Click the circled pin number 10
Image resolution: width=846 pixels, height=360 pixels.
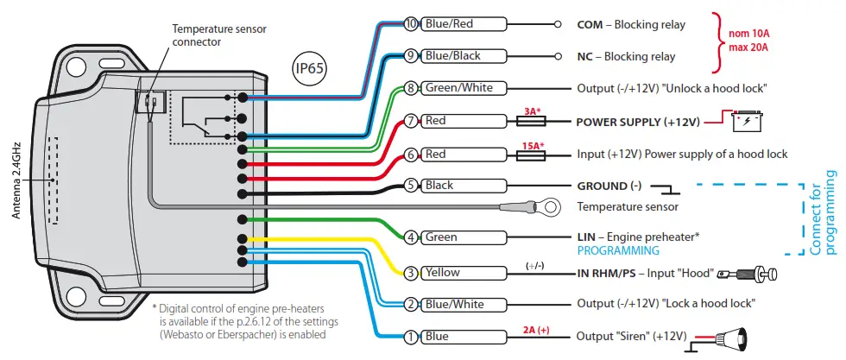[x=411, y=24]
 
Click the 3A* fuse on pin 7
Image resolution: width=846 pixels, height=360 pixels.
[x=533, y=122]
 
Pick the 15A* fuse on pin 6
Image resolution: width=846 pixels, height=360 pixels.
[x=533, y=155]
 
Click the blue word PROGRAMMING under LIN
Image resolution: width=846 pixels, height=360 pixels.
[x=617, y=250]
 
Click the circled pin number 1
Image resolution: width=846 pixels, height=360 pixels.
[x=411, y=336]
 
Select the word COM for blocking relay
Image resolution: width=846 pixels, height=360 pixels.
[x=590, y=25]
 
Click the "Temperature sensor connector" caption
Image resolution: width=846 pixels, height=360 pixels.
[x=210, y=35]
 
